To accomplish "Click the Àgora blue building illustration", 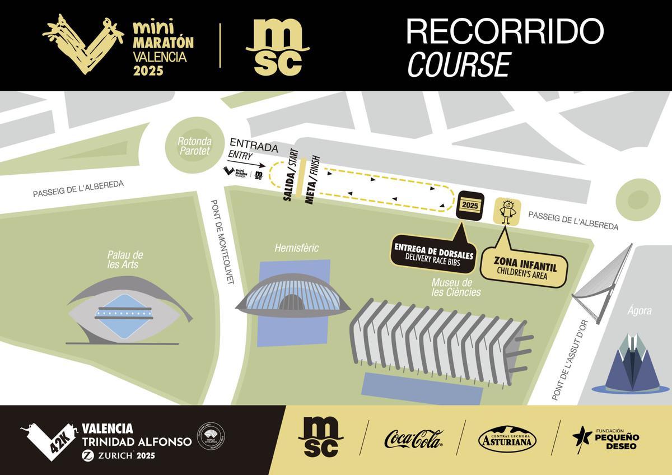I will pyautogui.click(x=632, y=364).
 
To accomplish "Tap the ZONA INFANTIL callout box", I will pyautogui.click(x=525, y=266).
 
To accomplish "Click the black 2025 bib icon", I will pyautogui.click(x=470, y=205).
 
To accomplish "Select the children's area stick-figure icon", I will pyautogui.click(x=507, y=211).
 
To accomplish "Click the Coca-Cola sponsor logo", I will pyautogui.click(x=413, y=439).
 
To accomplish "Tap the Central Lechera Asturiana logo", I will pyautogui.click(x=507, y=439).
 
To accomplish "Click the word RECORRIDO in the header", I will pyautogui.click(x=505, y=31).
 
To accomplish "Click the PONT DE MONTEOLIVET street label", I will pyautogui.click(x=222, y=242).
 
